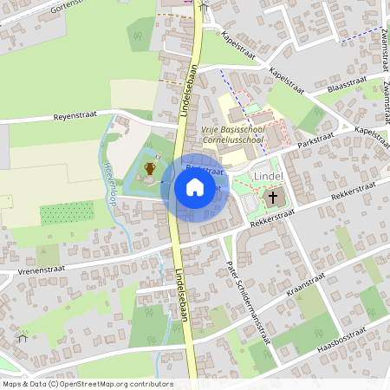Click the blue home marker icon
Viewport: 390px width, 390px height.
[x=195, y=187]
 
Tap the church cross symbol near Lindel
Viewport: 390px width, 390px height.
[x=273, y=198]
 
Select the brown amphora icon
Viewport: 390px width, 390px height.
[x=150, y=168]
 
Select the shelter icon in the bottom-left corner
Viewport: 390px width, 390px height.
[x=22, y=337]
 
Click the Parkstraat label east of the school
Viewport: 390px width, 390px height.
[x=315, y=140]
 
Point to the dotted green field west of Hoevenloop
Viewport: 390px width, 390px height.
[x=66, y=213]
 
